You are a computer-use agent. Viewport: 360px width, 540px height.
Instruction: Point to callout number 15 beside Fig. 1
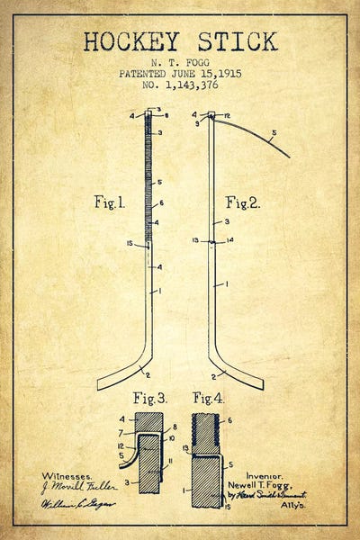point(130,243)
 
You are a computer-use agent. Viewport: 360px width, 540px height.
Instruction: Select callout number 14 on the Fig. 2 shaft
point(230,239)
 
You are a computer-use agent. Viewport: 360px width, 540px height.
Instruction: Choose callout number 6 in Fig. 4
point(229,420)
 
